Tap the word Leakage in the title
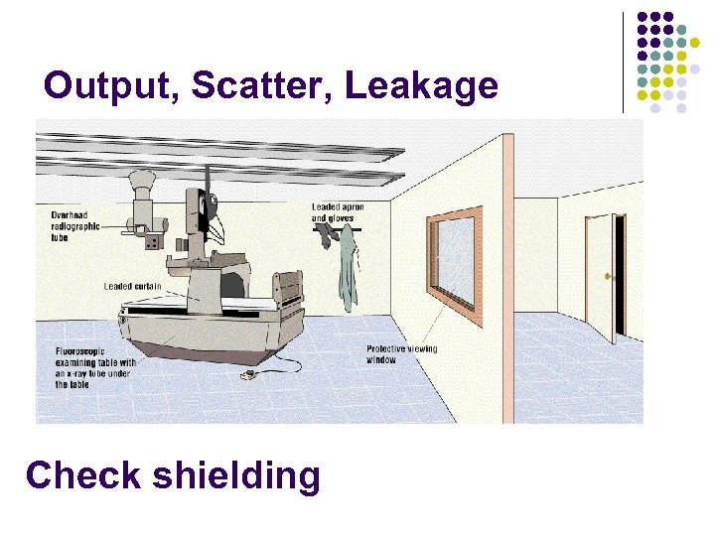421,86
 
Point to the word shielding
237,477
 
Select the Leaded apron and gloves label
338,212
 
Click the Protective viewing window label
401,354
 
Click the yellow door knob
607,274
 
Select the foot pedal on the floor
249,376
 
